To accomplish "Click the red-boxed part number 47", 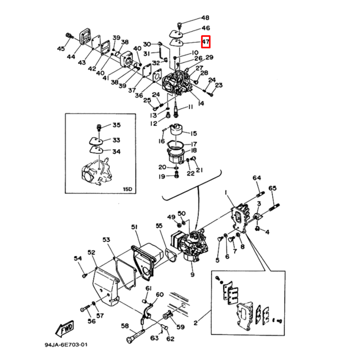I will click(206, 42).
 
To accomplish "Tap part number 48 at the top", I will click(205, 18).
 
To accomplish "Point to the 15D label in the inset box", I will click(127, 189).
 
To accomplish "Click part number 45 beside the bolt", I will click(61, 49).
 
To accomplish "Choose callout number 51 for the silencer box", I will click(134, 227).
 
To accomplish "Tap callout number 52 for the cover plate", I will click(91, 253).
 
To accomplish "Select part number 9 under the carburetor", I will click(192, 275).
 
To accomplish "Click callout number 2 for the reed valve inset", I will click(195, 323).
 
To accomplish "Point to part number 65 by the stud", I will click(273, 188).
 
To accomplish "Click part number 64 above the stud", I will click(256, 178).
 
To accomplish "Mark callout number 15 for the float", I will click(194, 134).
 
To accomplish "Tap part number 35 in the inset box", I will click(116, 125).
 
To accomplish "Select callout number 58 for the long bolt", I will click(125, 326).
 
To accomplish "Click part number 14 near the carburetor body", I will click(201, 103).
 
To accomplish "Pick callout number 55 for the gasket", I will click(159, 226).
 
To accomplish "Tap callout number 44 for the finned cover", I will click(71, 57).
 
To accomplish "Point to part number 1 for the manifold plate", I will click(226, 193).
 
